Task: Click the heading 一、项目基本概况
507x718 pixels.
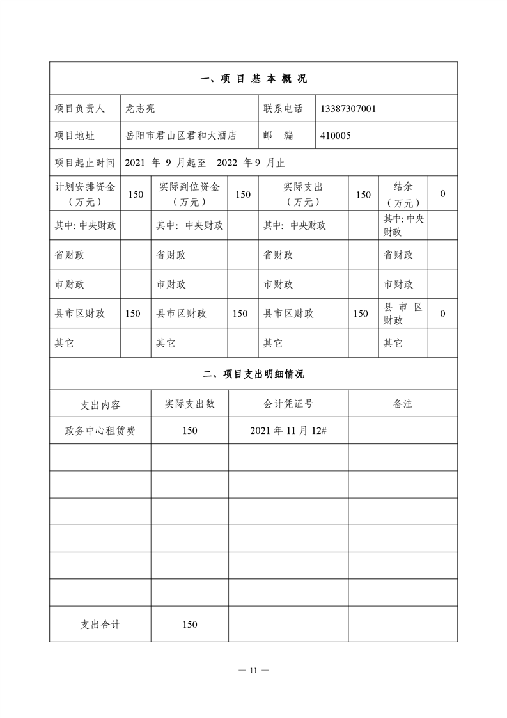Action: pyautogui.click(x=253, y=79)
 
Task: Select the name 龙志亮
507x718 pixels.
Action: pyautogui.click(x=141, y=109)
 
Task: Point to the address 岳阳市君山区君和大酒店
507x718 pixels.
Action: pyautogui.click(x=181, y=136)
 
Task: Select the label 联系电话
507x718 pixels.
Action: pyautogui.click(x=283, y=109)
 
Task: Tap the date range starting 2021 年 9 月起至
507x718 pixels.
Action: pyautogui.click(x=205, y=163)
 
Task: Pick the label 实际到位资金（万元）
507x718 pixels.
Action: pyautogui.click(x=189, y=194)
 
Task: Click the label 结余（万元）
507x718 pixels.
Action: pyautogui.click(x=403, y=194)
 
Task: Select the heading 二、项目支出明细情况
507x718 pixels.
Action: pyautogui.click(x=253, y=374)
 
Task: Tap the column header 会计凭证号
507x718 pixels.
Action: pyautogui.click(x=288, y=404)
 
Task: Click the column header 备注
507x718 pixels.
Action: pyautogui.click(x=403, y=404)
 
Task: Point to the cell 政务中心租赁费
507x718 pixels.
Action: pyautogui.click(x=100, y=431)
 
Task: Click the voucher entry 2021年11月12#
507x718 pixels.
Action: pyautogui.click(x=288, y=431)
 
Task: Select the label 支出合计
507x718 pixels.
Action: pyautogui.click(x=100, y=625)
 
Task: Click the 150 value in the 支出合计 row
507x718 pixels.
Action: pyautogui.click(x=189, y=625)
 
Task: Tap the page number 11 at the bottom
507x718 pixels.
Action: pyautogui.click(x=253, y=670)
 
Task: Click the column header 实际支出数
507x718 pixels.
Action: pyautogui.click(x=189, y=404)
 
